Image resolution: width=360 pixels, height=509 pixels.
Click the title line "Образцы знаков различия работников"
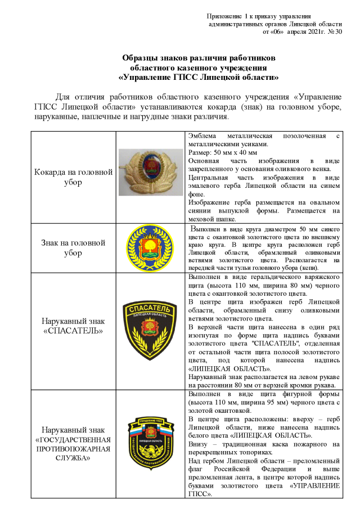tap(199, 58)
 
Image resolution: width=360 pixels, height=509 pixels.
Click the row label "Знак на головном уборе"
tap(73, 247)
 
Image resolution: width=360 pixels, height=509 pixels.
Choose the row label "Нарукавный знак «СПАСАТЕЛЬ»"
tap(73, 326)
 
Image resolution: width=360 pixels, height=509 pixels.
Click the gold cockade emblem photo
tap(150, 172)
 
